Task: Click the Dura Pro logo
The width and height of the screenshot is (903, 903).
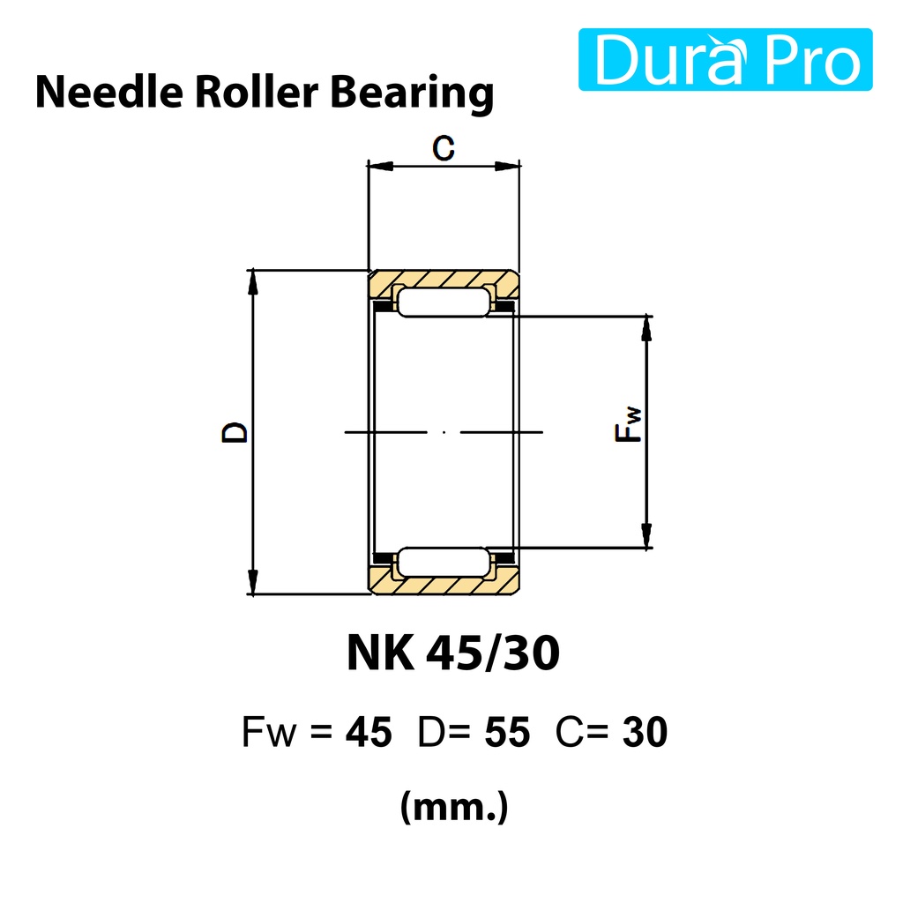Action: pyautogui.click(x=725, y=59)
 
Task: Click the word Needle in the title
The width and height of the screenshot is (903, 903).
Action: pyautogui.click(x=108, y=92)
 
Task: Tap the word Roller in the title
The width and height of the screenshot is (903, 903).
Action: pyautogui.click(x=257, y=92)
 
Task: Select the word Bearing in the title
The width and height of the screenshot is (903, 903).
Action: pyautogui.click(x=412, y=94)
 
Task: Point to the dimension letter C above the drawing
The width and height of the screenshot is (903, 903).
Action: pyautogui.click(x=444, y=147)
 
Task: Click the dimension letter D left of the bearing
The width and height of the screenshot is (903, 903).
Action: pyautogui.click(x=234, y=432)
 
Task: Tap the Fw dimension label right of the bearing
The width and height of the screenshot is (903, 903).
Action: pyautogui.click(x=628, y=425)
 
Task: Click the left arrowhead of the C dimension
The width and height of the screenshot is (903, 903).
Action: pyautogui.click(x=380, y=167)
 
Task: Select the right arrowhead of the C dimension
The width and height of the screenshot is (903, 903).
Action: pyautogui.click(x=507, y=167)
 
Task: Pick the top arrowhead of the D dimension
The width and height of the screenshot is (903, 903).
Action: pyautogui.click(x=252, y=282)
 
